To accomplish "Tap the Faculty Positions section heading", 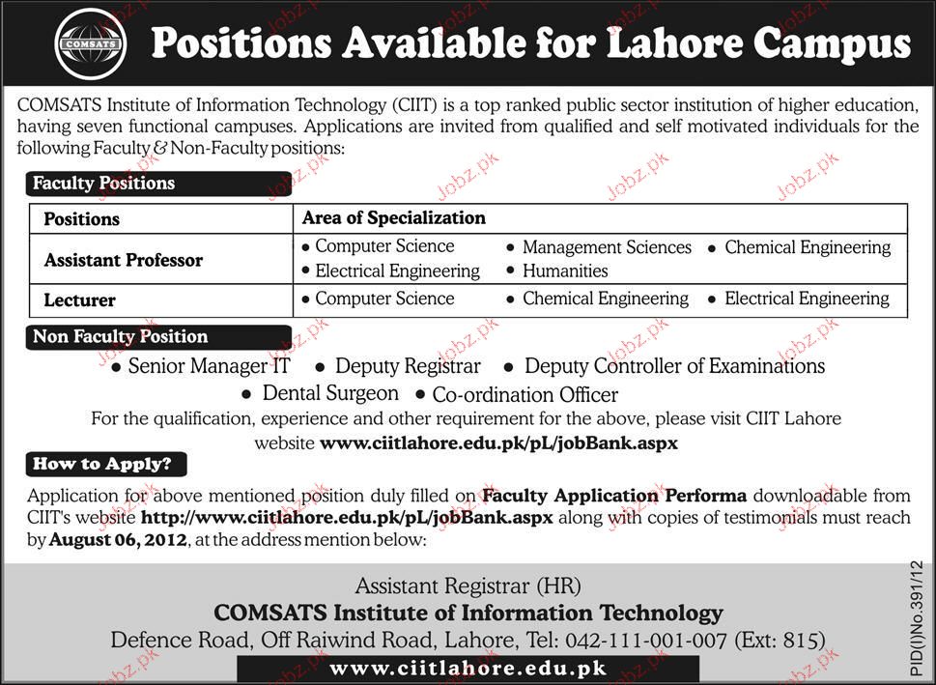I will pos(104,183).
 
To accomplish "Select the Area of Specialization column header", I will pos(394,217).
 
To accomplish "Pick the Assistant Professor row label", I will pos(124,260).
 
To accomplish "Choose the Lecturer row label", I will pos(80,300).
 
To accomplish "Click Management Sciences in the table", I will pos(607,247).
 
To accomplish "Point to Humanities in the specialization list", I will pos(565,271).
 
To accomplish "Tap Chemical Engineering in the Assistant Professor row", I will pos(808,247).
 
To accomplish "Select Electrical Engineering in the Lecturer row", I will pos(807,299).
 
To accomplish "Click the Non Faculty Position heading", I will pos(121,336).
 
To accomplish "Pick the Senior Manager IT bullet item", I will pos(209,366).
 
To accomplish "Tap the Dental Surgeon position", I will pos(330,393).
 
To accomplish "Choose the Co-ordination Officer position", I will pos(525,394).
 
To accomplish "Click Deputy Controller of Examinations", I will pos(674,366).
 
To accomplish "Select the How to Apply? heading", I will pos(102,464).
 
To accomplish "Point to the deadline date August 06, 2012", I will pos(118,540).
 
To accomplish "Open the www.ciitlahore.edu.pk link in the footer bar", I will pos(468,669).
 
